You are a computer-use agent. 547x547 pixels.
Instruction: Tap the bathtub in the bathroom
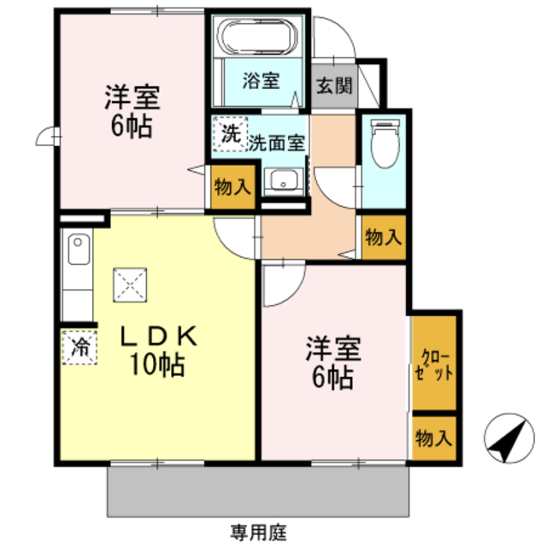coord(257,38)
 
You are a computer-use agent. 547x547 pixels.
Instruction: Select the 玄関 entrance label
coord(332,85)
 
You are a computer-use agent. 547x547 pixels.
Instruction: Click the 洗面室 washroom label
coord(276,144)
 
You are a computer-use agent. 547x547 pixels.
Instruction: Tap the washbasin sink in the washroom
coord(281,180)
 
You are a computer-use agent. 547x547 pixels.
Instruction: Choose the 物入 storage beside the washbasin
coord(232,188)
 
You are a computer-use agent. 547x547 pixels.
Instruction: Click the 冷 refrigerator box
coord(79,347)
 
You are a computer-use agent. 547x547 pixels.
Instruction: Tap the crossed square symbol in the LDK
coord(131,284)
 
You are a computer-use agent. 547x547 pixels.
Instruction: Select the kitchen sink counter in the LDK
coord(76,264)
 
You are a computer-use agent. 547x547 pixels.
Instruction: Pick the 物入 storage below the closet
coord(435,438)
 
